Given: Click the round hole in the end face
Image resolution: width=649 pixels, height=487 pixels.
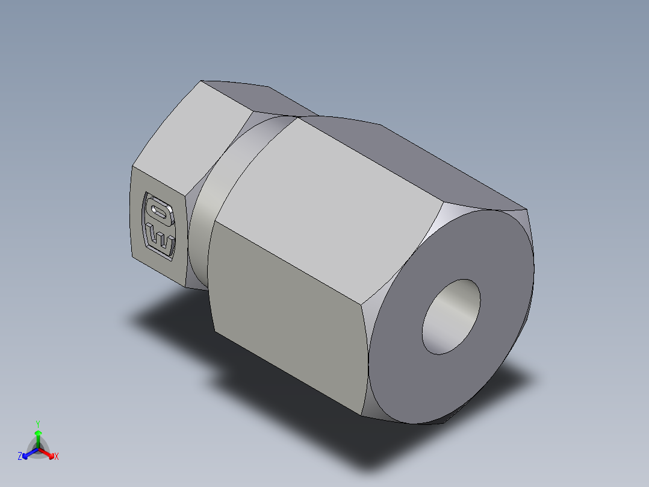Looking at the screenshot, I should coord(452,316).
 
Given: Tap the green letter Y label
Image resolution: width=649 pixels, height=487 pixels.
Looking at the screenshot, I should coord(38,424).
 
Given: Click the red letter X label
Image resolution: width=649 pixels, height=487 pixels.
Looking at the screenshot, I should coord(57,457).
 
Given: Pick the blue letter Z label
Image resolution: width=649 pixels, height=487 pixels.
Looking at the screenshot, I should coord(20,456).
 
